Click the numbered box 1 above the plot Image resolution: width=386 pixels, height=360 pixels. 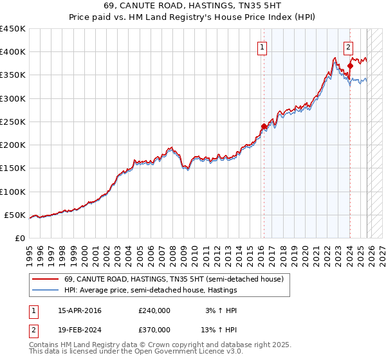263,46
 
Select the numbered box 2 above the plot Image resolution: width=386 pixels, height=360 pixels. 348,46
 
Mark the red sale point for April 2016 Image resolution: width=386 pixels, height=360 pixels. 263,127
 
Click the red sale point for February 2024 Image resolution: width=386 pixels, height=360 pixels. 350,66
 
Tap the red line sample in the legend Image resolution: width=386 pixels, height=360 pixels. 46,279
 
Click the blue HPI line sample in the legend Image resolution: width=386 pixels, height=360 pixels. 46,290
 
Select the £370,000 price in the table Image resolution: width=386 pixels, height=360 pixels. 154,329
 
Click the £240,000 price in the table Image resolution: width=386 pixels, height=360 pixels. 154,310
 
